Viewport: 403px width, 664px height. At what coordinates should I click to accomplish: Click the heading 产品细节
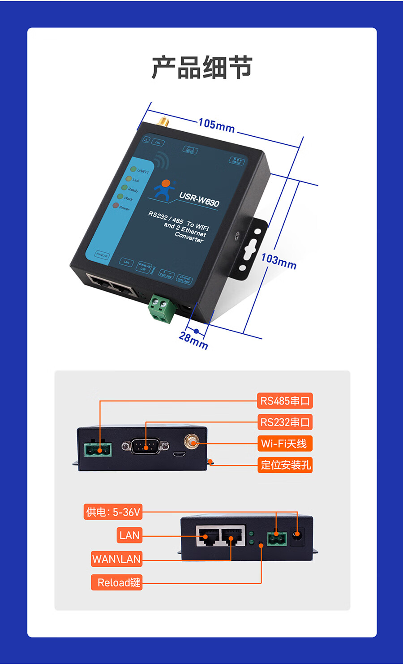coord(202,68)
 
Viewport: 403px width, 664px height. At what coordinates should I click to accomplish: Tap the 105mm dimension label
coord(216,125)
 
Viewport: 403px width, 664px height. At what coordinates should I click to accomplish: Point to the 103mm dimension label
coord(279,261)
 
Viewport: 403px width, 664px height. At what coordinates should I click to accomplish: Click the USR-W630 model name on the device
coord(199,199)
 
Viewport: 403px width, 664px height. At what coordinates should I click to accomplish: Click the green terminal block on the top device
coord(162,309)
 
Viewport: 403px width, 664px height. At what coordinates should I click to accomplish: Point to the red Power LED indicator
coord(116,206)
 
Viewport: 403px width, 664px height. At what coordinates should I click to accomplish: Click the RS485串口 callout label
coord(285,401)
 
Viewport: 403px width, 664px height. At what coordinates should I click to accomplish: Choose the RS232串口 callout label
coord(285,422)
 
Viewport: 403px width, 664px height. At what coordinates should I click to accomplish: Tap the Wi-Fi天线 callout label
coord(284,444)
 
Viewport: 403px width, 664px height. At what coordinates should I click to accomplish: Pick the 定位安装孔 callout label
coord(285,465)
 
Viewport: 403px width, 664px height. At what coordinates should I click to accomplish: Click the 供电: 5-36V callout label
coord(113,512)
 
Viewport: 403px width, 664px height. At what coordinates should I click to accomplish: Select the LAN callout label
coord(129,535)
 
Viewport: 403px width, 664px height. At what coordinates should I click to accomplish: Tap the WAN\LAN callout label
coord(116,559)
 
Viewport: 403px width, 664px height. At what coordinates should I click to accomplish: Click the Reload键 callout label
coord(117,582)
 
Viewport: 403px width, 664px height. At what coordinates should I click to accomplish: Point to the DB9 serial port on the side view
coord(145,446)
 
